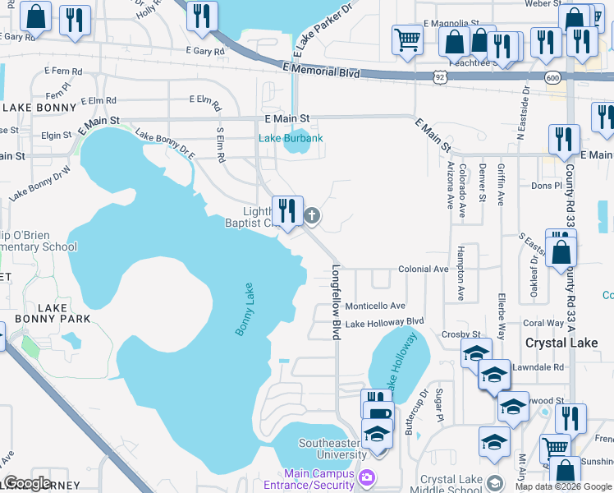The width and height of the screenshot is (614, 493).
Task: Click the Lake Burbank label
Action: coord(291,138)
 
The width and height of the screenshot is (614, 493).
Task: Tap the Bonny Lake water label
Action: coord(247,309)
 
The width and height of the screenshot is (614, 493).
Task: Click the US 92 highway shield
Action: coord(441,76)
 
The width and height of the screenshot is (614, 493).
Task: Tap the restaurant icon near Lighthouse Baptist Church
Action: coord(286,211)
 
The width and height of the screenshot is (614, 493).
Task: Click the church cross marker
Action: coord(312,216)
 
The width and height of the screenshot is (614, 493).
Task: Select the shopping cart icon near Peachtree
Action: coord(407,39)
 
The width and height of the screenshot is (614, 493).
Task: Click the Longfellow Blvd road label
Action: coord(336,302)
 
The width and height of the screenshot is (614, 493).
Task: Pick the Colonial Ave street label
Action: coord(423,269)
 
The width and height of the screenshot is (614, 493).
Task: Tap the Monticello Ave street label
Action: coord(375,306)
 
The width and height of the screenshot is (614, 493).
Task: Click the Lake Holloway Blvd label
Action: coord(383,323)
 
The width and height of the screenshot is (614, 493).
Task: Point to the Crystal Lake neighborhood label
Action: coord(561,343)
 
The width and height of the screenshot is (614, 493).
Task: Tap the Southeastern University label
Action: coord(332,449)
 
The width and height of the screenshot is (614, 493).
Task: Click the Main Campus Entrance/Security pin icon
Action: coord(367,477)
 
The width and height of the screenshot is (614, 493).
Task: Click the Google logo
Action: coord(28,482)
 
